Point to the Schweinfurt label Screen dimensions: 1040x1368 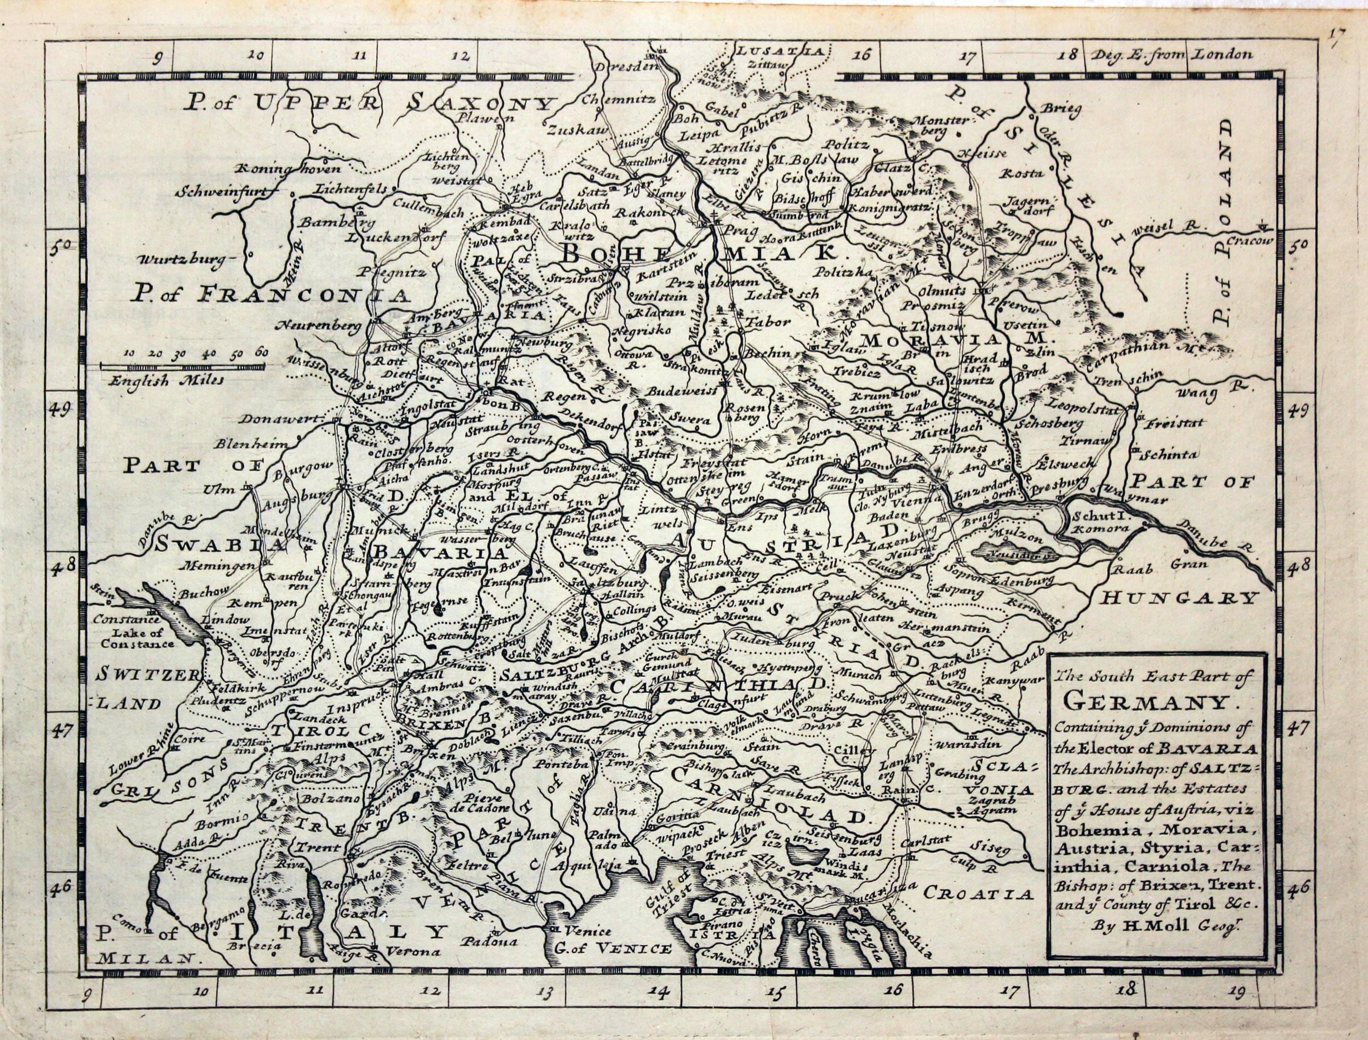222,193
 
